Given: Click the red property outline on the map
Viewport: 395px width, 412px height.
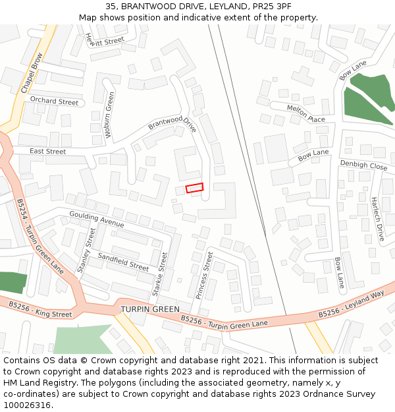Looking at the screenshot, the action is (195, 188).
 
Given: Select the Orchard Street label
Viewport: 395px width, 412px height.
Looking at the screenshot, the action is (54, 102).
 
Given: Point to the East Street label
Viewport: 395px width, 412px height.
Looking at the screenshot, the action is (48, 152).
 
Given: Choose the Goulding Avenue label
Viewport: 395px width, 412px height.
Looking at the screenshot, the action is (97, 220).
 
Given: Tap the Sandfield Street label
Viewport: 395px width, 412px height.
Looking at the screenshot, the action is (123, 262).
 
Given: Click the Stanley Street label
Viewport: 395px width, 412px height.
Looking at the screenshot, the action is (86, 250).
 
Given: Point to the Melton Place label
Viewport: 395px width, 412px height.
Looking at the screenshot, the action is (306, 113).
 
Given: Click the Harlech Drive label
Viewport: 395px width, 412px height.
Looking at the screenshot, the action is (377, 218).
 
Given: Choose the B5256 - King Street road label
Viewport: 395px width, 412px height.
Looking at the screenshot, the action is (40, 309).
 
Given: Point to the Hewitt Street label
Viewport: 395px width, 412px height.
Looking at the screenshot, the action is (105, 41).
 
